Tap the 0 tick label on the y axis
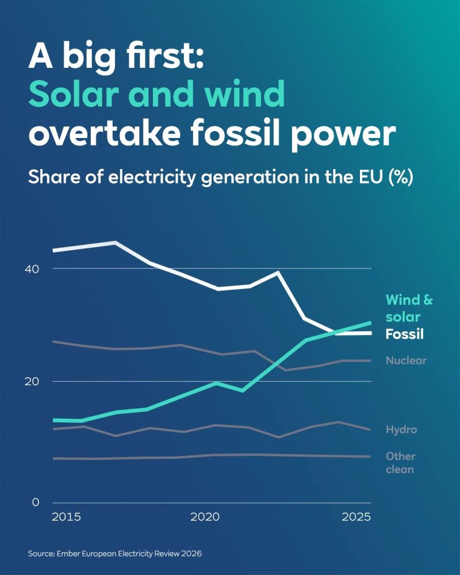36,502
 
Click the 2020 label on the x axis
205,517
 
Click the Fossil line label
404,334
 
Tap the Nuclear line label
406,361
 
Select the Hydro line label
401,430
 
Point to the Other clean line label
400,463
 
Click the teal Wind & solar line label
408,308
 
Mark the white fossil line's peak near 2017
116,243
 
